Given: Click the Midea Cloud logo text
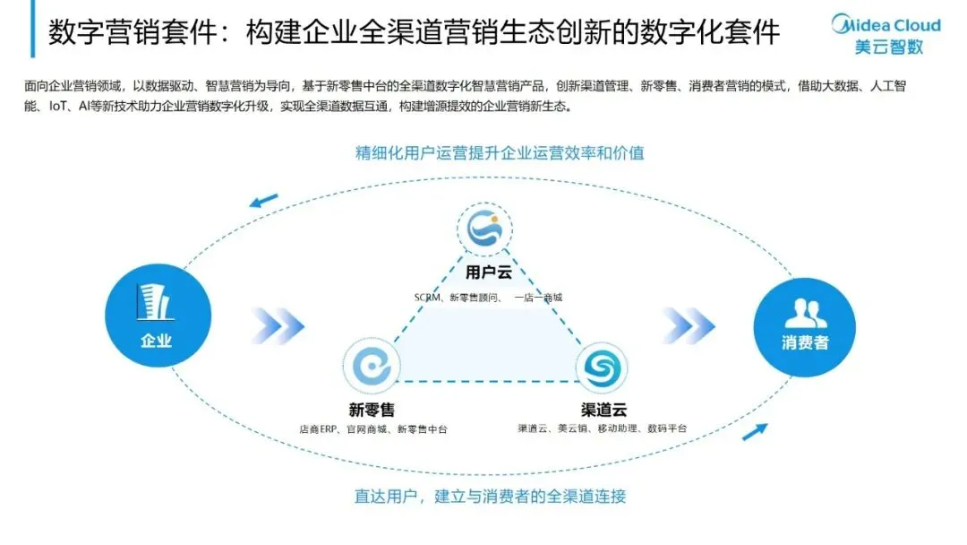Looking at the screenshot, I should tap(886, 24).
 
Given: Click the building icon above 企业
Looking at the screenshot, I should tap(155, 302).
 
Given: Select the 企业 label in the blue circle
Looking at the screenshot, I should tap(156, 340).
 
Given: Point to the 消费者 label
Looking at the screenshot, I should tap(805, 343).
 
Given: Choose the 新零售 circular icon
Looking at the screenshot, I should tap(372, 367).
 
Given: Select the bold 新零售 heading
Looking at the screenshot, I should tap(372, 411).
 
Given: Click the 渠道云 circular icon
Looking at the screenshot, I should tap(602, 368).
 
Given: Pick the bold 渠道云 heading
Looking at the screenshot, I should tap(603, 411).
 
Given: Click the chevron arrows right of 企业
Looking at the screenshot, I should tap(278, 324).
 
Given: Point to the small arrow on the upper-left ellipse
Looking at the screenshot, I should tap(264, 200).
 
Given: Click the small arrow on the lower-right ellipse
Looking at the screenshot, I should tap(755, 432).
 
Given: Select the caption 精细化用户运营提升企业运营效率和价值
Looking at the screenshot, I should tap(500, 152).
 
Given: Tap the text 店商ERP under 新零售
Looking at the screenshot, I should tap(319, 429).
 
